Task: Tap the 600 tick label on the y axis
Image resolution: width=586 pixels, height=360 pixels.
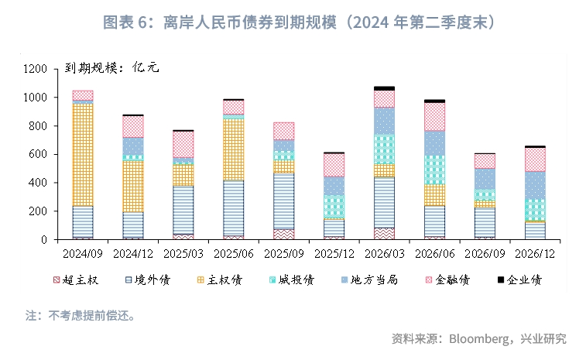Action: pos(40,155)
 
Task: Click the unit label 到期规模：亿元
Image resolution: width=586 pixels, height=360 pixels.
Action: pos(111,68)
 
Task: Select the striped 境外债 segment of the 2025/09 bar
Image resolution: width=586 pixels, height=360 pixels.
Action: pos(283,201)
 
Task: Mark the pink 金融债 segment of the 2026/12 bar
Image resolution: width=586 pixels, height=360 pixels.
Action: pos(535,159)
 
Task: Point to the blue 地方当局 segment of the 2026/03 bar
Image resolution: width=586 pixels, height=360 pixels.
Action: pos(384,121)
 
